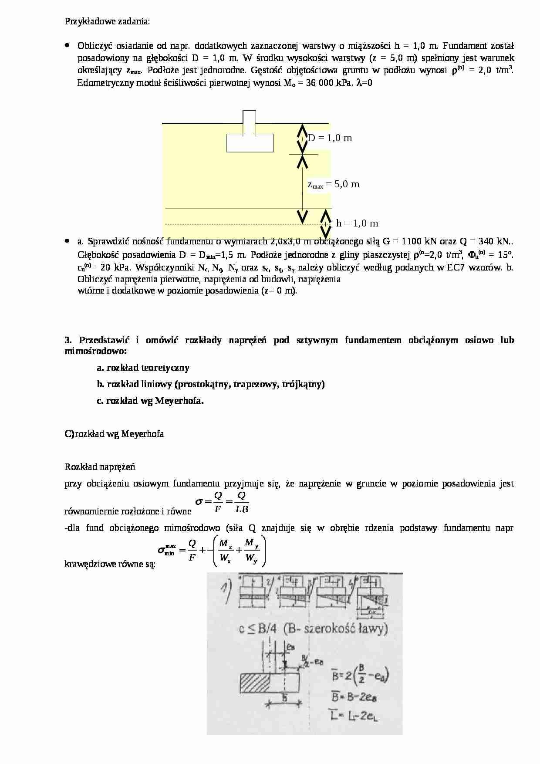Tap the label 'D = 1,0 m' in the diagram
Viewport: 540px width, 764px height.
point(330,138)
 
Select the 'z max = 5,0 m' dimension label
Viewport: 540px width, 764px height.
point(334,184)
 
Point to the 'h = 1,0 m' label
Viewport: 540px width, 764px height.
point(357,223)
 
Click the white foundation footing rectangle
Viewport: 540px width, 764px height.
point(250,142)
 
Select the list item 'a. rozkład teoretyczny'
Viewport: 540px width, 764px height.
point(143,368)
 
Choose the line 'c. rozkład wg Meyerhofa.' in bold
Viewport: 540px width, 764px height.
point(150,401)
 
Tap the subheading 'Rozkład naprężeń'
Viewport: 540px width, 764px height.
point(100,467)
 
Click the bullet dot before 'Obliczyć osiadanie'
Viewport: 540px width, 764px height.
point(67,45)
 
